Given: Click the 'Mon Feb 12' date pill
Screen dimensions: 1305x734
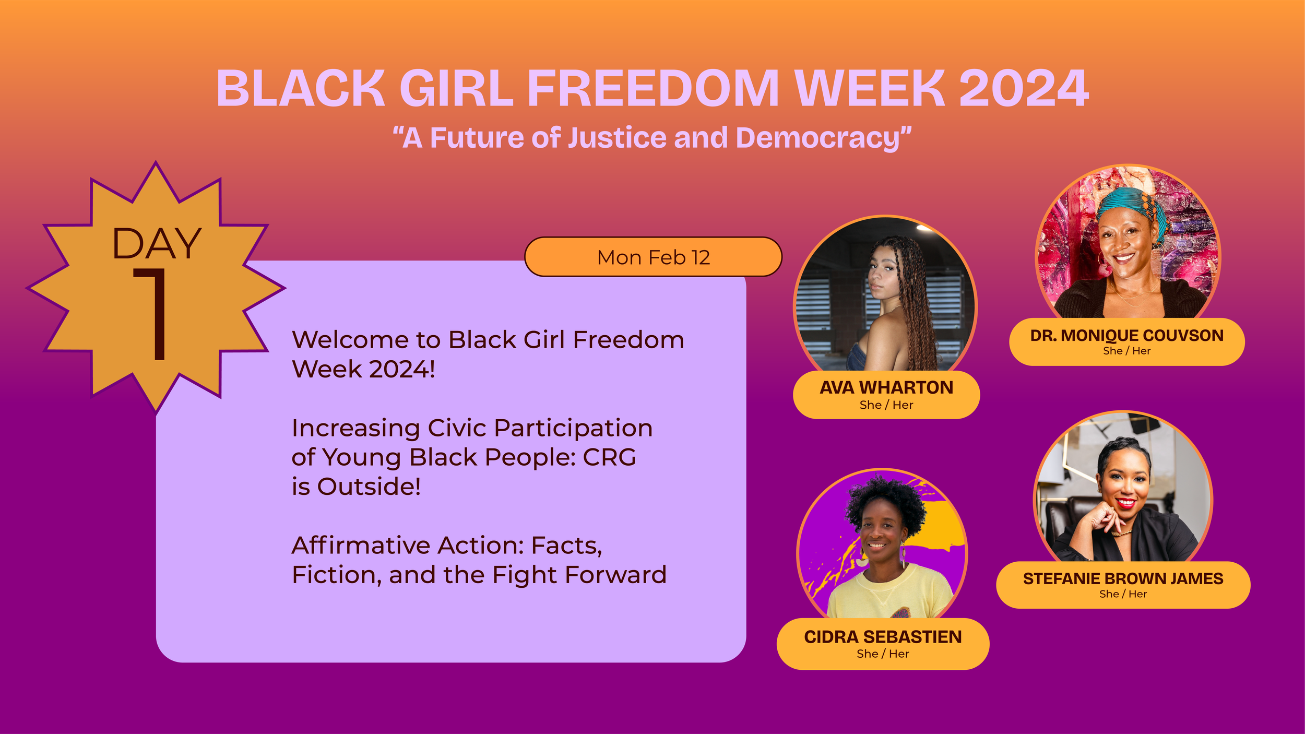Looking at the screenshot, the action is click(653, 257).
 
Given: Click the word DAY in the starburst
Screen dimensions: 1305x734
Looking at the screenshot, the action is click(157, 244).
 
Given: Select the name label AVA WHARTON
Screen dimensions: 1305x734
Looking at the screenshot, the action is click(886, 387).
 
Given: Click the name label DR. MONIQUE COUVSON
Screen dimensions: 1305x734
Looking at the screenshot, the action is click(1127, 335).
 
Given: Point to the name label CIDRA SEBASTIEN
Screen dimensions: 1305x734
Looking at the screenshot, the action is click(883, 637).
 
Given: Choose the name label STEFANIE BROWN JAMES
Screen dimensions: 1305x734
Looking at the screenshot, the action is click(1123, 578).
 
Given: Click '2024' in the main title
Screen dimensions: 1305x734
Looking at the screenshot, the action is click(1024, 89).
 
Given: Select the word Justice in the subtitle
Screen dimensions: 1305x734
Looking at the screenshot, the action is click(617, 138).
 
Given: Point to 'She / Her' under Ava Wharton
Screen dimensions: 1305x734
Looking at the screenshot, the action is click(886, 405).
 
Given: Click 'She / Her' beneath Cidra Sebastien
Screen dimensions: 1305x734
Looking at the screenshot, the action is click(883, 654).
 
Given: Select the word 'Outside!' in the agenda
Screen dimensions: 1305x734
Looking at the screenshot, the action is click(369, 487).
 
